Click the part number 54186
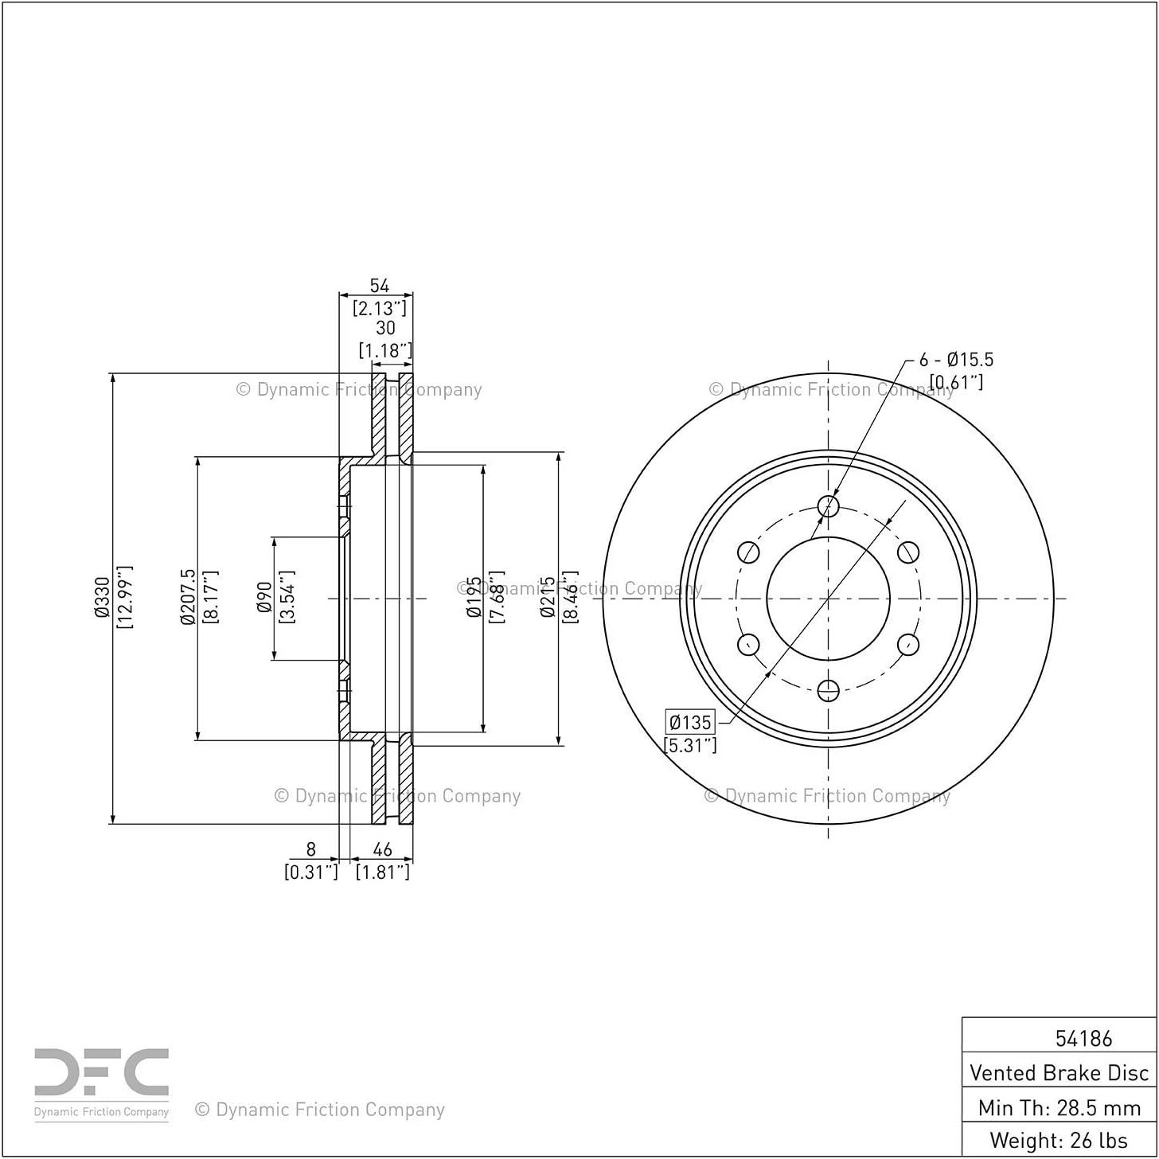tap(1084, 1038)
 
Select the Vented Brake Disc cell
tap(1059, 1072)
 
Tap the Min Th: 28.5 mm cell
tap(1059, 1107)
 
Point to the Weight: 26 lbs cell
tap(1059, 1140)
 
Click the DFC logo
tap(101, 1080)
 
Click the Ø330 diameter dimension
tap(102, 597)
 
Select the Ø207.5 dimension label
tap(188, 597)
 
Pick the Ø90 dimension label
tap(264, 597)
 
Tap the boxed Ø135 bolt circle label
tap(690, 721)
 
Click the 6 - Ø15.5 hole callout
tap(956, 360)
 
